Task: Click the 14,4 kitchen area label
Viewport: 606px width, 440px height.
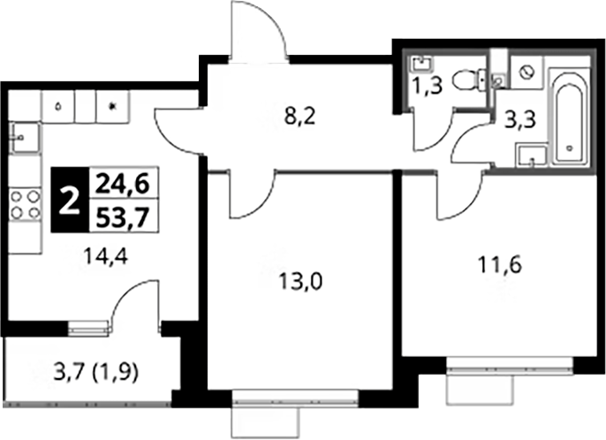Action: (x=106, y=257)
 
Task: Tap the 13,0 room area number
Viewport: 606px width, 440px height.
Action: (x=300, y=282)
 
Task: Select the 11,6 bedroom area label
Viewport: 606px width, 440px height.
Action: (x=500, y=265)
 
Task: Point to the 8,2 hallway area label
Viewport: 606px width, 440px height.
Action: (x=300, y=117)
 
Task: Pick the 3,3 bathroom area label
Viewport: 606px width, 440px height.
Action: (x=521, y=120)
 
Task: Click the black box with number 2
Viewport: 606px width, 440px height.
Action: (x=70, y=200)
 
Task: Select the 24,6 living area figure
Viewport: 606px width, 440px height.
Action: (x=123, y=184)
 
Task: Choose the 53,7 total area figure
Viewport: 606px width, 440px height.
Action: (x=123, y=217)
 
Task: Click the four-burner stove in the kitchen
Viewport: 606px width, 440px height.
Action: (x=25, y=204)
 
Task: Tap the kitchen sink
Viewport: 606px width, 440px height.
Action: (x=24, y=137)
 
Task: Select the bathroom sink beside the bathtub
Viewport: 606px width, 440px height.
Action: (x=532, y=156)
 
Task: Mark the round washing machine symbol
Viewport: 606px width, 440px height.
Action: (x=526, y=72)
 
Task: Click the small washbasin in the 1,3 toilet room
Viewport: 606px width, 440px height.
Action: (x=423, y=64)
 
